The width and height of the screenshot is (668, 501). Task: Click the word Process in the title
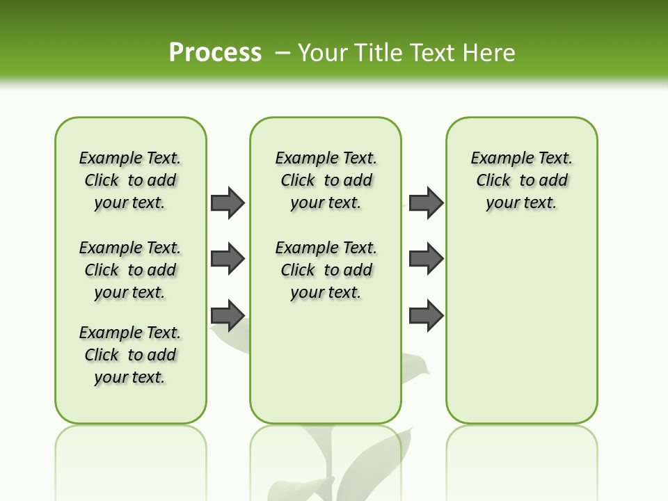tap(215, 52)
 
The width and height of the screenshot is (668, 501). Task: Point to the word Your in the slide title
tap(322, 53)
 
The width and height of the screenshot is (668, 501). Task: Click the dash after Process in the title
tap(283, 53)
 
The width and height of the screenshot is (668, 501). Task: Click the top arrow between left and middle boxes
tap(228, 202)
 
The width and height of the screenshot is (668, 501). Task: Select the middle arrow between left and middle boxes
tap(228, 260)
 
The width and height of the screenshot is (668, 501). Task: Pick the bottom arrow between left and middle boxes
tap(228, 315)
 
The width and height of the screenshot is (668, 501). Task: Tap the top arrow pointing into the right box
tap(426, 202)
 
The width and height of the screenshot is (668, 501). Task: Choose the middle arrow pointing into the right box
tap(426, 259)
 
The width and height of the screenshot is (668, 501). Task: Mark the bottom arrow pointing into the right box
tap(426, 315)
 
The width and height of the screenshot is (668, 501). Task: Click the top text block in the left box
tap(130, 180)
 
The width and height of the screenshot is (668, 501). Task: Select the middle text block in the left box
tap(130, 270)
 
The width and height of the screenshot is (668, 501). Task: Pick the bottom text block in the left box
tap(130, 355)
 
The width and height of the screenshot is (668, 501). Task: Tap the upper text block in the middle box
tap(326, 180)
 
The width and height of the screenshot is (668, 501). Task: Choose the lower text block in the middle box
tap(326, 270)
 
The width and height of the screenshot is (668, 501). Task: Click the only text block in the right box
tap(522, 180)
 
